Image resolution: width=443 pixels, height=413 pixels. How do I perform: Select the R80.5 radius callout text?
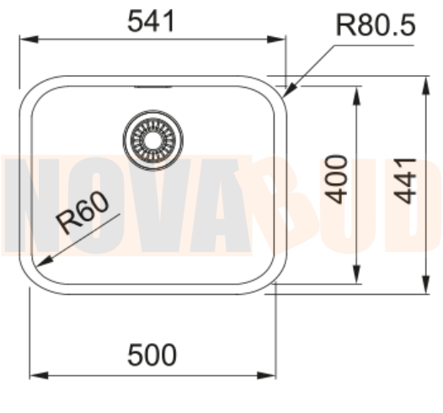point(376,25)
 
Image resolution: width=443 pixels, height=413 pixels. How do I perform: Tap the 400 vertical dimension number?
point(337,178)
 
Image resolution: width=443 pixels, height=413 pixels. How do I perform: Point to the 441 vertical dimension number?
point(408,180)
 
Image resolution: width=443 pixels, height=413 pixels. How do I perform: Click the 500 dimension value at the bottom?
point(152,355)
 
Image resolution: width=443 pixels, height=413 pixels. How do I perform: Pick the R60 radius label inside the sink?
point(84,214)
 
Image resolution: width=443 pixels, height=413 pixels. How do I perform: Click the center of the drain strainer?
point(152,137)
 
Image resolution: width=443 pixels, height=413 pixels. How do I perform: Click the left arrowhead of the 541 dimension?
point(24,39)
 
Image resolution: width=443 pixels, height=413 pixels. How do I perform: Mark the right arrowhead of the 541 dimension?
point(281,39)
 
